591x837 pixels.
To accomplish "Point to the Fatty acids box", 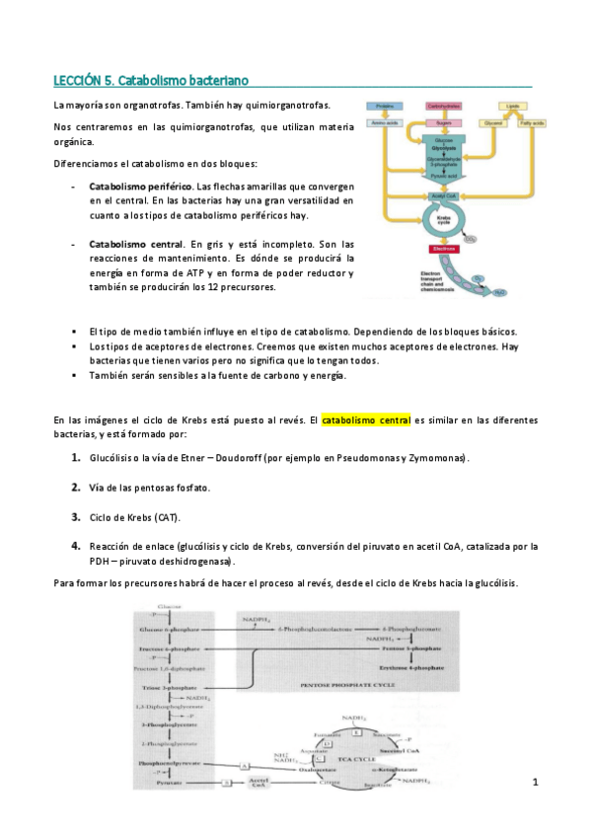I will pos(529,122).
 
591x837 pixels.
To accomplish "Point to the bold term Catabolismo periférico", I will pos(140,186).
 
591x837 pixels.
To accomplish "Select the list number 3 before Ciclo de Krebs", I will pos(76,516).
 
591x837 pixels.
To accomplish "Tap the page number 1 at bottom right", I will pos(534,783).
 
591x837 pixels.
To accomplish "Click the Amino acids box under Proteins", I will pos(386,122).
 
